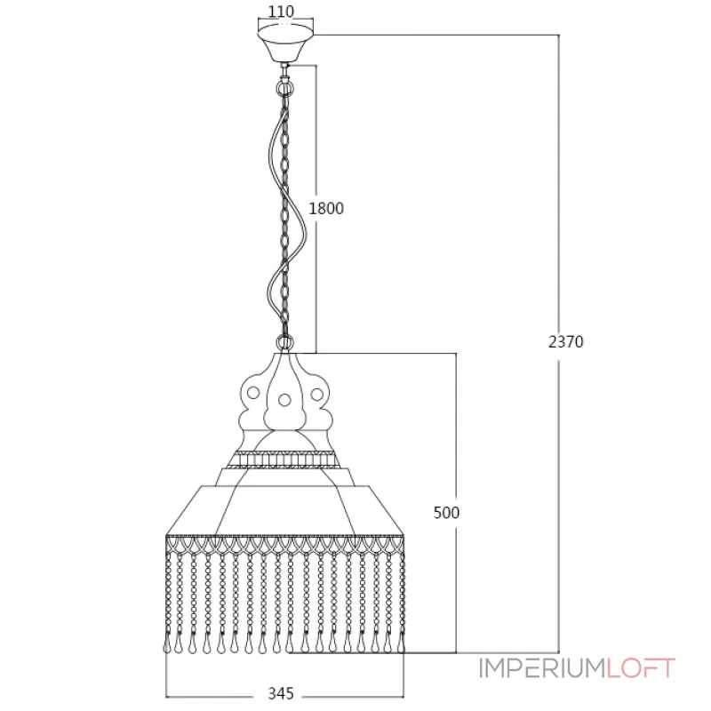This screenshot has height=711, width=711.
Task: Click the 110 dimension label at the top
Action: tap(281, 12)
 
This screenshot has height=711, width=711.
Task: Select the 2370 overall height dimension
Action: tap(565, 341)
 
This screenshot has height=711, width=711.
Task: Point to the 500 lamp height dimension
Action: tap(447, 513)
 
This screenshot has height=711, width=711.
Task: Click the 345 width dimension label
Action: tap(282, 694)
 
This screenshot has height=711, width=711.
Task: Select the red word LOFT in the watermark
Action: tap(641, 668)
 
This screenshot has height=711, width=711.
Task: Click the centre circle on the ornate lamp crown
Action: tap(284, 399)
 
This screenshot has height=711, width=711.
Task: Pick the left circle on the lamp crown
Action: tap(253, 392)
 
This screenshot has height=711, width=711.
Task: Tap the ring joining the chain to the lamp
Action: tap(284, 341)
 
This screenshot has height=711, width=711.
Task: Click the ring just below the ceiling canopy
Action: tap(284, 89)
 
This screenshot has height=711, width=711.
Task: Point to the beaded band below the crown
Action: tap(284, 459)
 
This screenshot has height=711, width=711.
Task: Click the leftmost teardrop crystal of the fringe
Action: tap(167, 647)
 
